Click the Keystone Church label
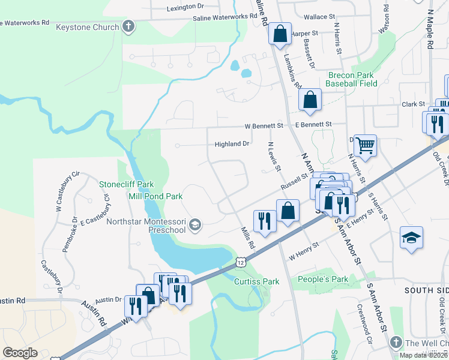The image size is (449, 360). [x=86, y=27]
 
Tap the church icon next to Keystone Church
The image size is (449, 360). [x=127, y=26]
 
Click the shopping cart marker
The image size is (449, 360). [x=365, y=145]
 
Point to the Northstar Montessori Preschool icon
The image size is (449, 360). [x=194, y=225]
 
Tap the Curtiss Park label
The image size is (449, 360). [x=257, y=281]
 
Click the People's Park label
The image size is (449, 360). [x=323, y=280]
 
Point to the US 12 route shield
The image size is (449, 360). [x=241, y=262]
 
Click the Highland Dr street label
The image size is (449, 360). [x=232, y=144]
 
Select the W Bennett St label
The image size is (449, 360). [x=264, y=126]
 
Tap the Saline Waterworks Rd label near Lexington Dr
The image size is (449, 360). [x=228, y=19]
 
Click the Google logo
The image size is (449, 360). [x=20, y=352]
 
